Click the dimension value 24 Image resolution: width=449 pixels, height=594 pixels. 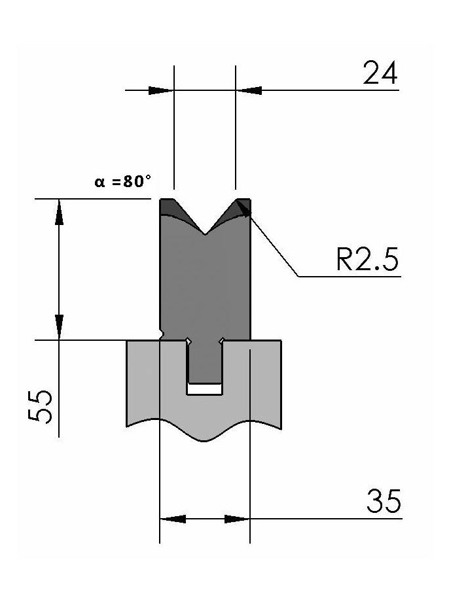click(x=380, y=74)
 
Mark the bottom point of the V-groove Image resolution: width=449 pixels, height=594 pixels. click(x=205, y=234)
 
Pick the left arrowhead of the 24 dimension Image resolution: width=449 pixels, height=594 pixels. click(x=161, y=90)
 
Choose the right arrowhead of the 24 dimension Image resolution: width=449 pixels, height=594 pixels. click(x=249, y=90)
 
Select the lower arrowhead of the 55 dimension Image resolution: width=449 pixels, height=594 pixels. click(x=60, y=326)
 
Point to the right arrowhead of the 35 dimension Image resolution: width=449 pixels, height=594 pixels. click(x=236, y=519)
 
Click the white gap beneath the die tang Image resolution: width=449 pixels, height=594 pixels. click(x=204, y=389)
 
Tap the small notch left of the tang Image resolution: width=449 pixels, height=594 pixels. click(x=188, y=341)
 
